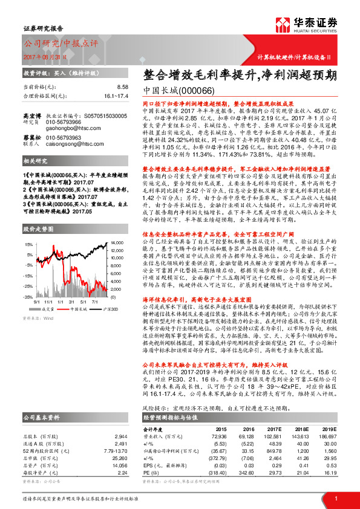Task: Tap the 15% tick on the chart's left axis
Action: tap(28, 244)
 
